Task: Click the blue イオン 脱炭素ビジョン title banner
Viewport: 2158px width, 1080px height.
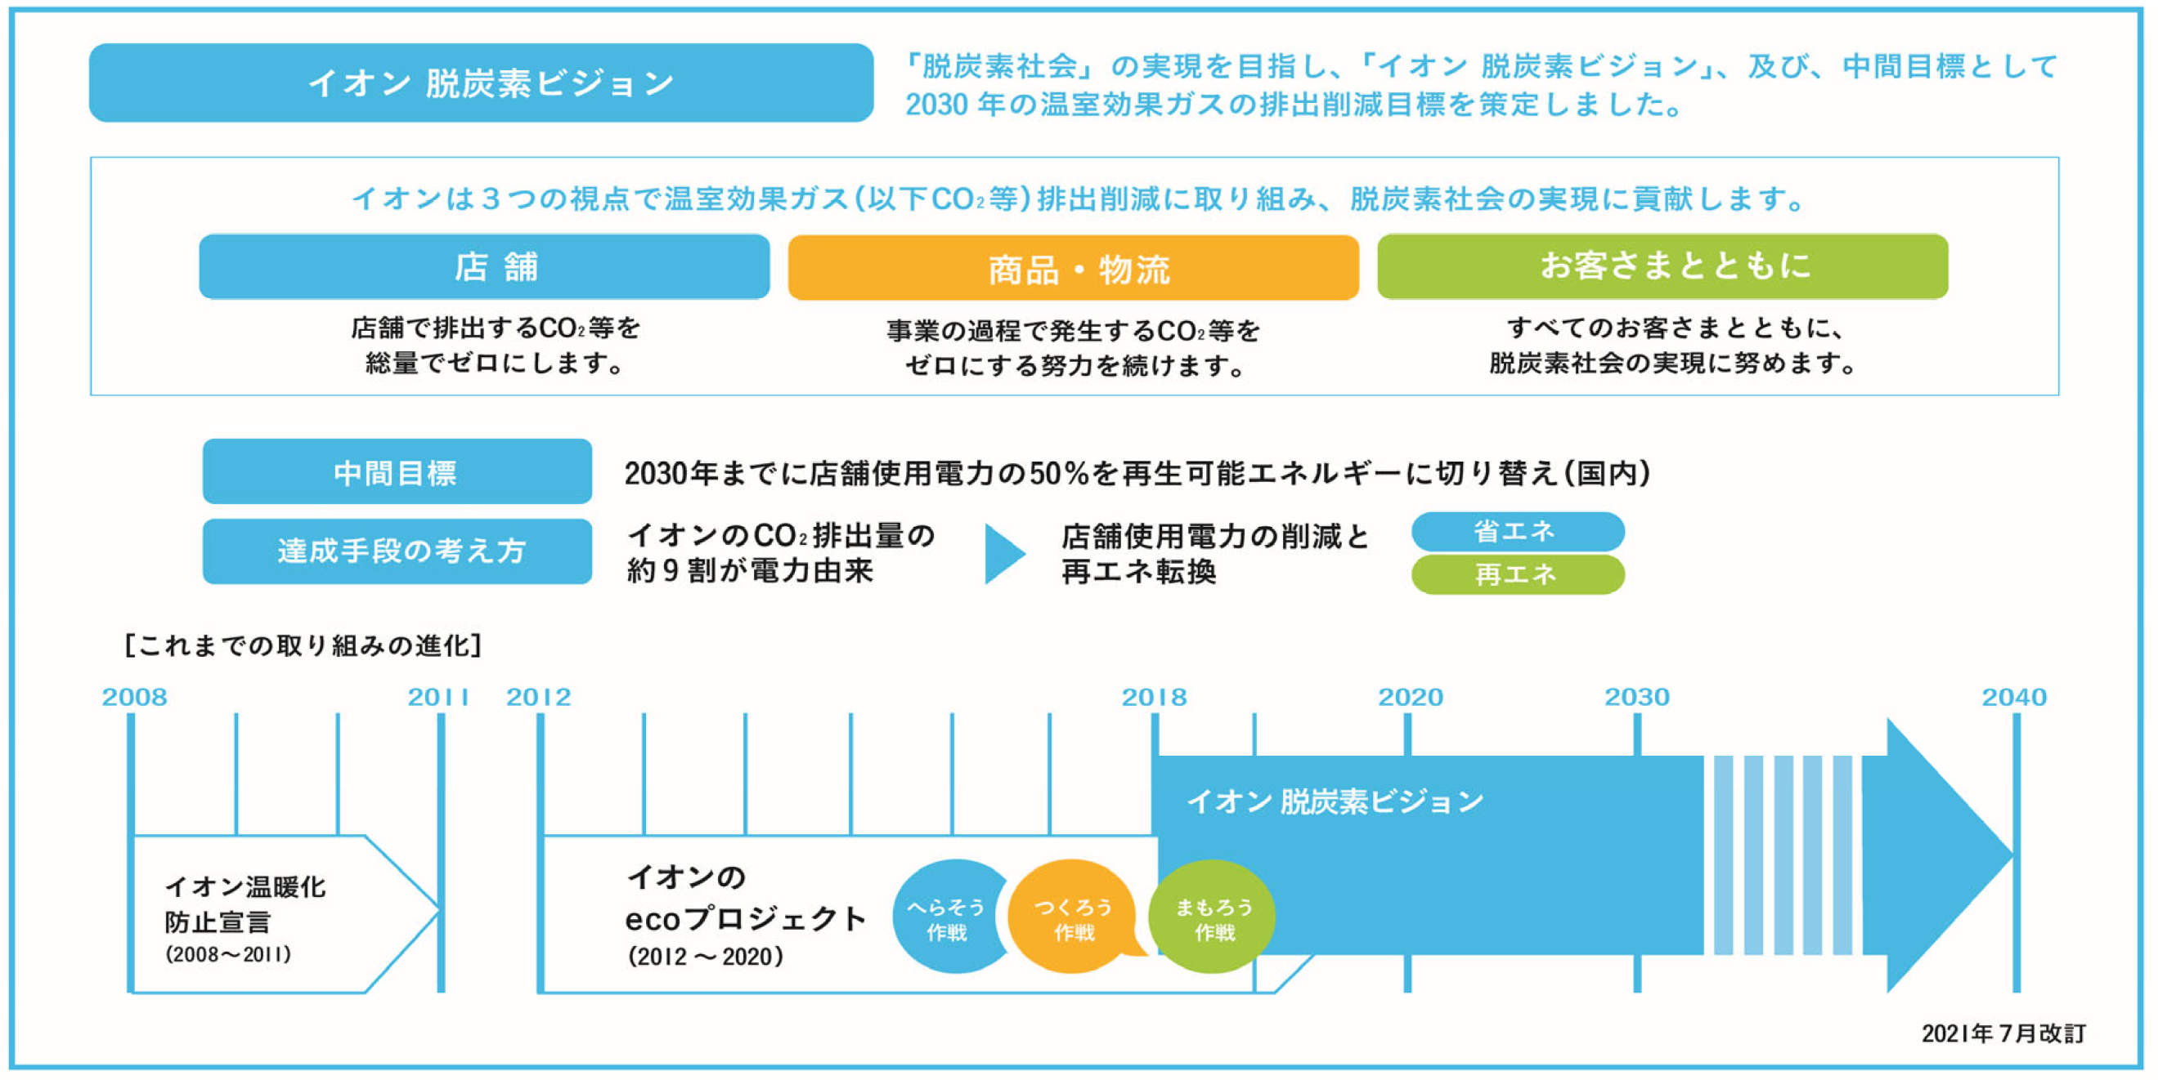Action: click(481, 83)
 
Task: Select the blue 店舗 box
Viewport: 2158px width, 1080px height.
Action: click(484, 266)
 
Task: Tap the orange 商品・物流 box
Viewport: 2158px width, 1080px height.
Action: click(1073, 268)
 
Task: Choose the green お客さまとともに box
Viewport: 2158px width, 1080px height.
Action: click(1662, 266)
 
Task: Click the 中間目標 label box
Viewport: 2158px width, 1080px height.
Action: click(397, 471)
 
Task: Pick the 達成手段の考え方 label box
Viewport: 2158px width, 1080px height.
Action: click(397, 551)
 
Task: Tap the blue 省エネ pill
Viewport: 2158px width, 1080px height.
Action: click(1517, 531)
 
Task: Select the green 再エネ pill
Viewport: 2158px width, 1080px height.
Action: click(1517, 574)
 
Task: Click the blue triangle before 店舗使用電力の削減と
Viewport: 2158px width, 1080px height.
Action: click(1003, 553)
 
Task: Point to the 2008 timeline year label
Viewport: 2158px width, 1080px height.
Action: click(134, 697)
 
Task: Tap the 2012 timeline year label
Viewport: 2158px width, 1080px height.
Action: click(539, 697)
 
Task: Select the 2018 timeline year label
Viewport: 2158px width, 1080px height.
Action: click(1154, 697)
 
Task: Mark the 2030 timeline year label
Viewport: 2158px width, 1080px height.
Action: click(1636, 697)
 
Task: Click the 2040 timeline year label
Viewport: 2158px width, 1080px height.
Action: click(2013, 697)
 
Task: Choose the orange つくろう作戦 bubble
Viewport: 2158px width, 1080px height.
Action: click(1073, 918)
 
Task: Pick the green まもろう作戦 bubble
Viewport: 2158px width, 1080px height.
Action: click(1214, 918)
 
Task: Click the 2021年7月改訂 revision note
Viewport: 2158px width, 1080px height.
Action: click(2002, 1033)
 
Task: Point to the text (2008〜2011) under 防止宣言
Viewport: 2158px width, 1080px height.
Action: click(228, 954)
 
